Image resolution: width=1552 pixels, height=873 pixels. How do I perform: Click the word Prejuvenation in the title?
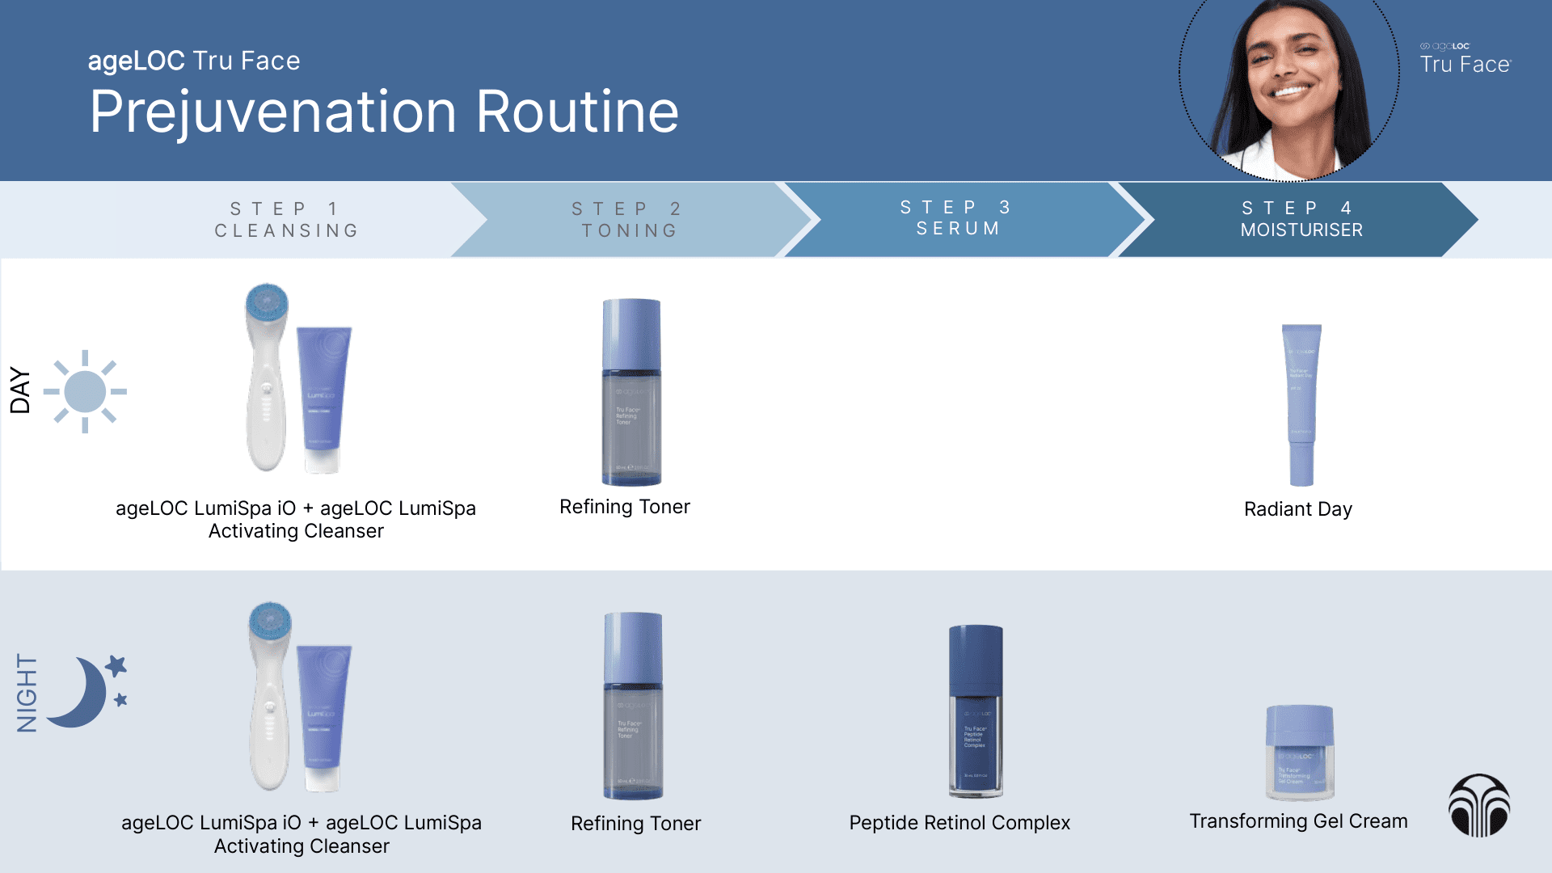(x=273, y=112)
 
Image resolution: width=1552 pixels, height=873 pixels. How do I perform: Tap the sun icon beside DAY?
(x=85, y=392)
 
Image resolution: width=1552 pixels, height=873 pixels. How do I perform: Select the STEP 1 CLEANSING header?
(x=286, y=220)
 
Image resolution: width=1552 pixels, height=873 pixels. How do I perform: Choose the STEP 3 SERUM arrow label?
(x=957, y=218)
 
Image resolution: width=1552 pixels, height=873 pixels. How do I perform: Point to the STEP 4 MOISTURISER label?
(x=1301, y=219)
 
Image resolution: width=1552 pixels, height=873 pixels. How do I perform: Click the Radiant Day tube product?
(x=1301, y=404)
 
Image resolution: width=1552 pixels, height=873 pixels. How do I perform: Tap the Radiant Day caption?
(x=1297, y=509)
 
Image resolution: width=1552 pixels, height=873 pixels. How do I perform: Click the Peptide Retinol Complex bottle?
(x=976, y=711)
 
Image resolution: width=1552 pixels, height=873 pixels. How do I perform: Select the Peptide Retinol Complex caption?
(x=959, y=823)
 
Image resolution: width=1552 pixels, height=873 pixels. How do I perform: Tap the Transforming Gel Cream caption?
(x=1298, y=821)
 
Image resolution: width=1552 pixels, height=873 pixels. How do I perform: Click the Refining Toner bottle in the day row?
(x=631, y=392)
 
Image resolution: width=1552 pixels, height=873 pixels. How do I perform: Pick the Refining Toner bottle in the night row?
(x=633, y=706)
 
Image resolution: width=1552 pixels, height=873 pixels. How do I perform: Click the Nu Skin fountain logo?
(x=1479, y=806)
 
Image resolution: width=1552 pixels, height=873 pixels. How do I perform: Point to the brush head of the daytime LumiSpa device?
(x=267, y=302)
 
